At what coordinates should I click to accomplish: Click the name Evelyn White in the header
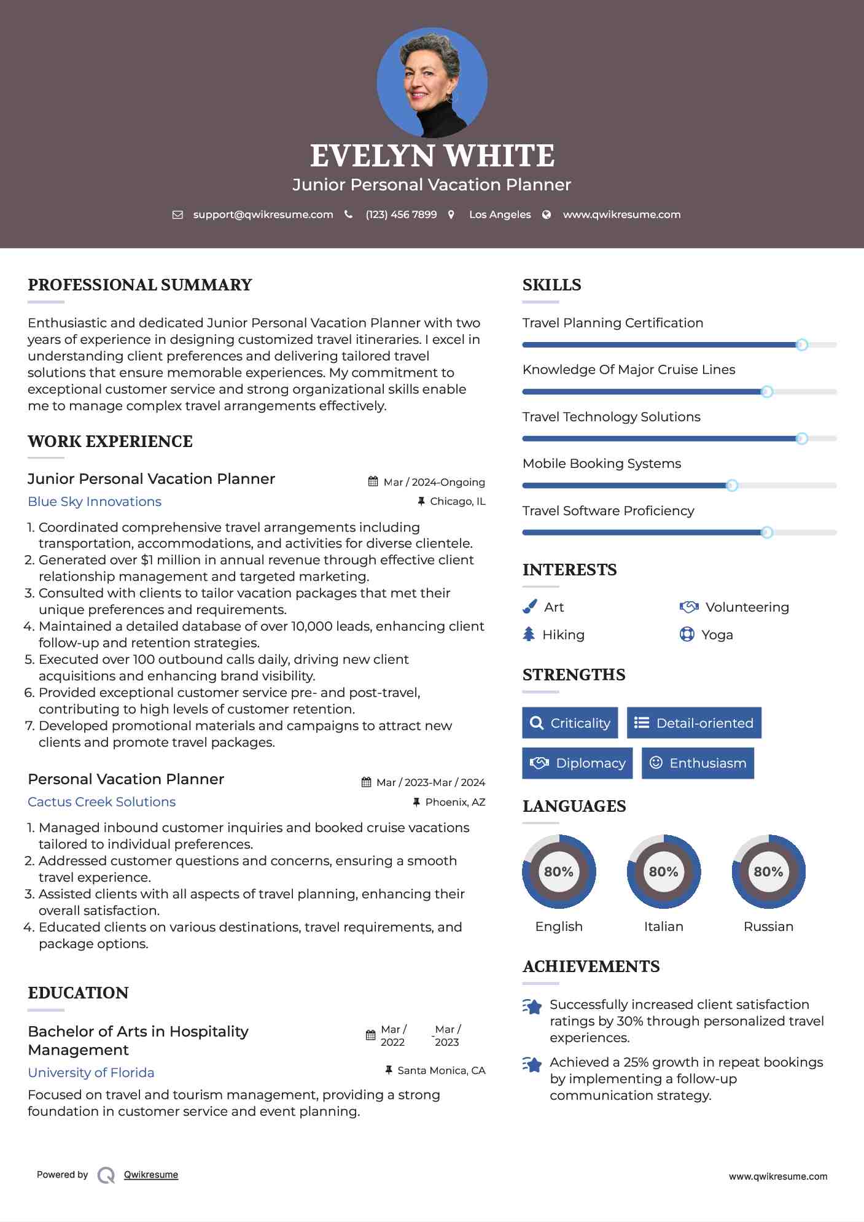click(x=432, y=156)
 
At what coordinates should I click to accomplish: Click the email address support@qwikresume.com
click(x=263, y=214)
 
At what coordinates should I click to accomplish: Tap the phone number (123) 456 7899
click(x=401, y=214)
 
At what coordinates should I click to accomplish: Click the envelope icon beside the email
click(x=177, y=215)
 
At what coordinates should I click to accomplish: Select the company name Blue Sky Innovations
click(x=95, y=502)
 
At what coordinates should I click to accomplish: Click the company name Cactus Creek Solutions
click(x=102, y=802)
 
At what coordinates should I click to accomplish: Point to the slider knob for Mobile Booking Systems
click(x=731, y=486)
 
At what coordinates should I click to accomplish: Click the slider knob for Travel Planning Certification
click(x=801, y=345)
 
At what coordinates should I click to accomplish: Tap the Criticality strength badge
click(x=570, y=723)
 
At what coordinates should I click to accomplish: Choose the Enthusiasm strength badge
click(x=698, y=763)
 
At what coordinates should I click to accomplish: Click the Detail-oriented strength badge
click(x=694, y=723)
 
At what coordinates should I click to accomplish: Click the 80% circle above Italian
click(x=663, y=871)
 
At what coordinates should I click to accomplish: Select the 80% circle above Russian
click(x=768, y=871)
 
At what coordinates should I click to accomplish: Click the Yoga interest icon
click(x=687, y=634)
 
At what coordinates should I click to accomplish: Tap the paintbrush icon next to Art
click(x=529, y=607)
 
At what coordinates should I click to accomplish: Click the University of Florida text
click(x=91, y=1073)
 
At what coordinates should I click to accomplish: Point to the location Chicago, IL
click(x=457, y=502)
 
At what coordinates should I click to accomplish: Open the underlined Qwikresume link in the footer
click(x=151, y=1175)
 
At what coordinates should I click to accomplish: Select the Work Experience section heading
click(x=110, y=442)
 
